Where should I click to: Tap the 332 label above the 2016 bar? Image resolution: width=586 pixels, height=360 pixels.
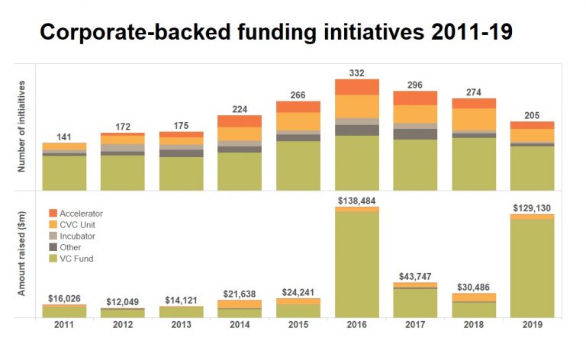(357, 72)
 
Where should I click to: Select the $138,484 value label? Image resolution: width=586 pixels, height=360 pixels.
(357, 201)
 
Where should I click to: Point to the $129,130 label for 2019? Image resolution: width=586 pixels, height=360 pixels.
(533, 207)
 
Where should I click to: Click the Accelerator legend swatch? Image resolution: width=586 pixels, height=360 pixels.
(53, 213)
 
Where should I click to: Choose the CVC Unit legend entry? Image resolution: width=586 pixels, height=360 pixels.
(76, 224)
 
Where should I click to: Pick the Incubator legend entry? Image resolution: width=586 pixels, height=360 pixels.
(77, 236)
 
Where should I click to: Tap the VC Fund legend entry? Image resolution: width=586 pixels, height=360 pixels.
(76, 259)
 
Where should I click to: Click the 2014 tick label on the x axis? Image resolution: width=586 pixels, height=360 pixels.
(240, 326)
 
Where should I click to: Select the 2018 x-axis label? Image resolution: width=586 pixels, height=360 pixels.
(474, 326)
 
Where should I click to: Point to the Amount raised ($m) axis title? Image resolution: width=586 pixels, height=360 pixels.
(22, 254)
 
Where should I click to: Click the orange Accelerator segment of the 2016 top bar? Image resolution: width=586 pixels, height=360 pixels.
(357, 86)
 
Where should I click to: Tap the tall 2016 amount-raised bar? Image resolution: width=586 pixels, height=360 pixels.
(357, 263)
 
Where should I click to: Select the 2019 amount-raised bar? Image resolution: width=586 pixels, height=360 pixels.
(533, 267)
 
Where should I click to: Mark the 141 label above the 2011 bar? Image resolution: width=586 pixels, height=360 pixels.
(64, 137)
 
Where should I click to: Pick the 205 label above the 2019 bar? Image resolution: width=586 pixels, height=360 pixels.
(533, 114)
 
